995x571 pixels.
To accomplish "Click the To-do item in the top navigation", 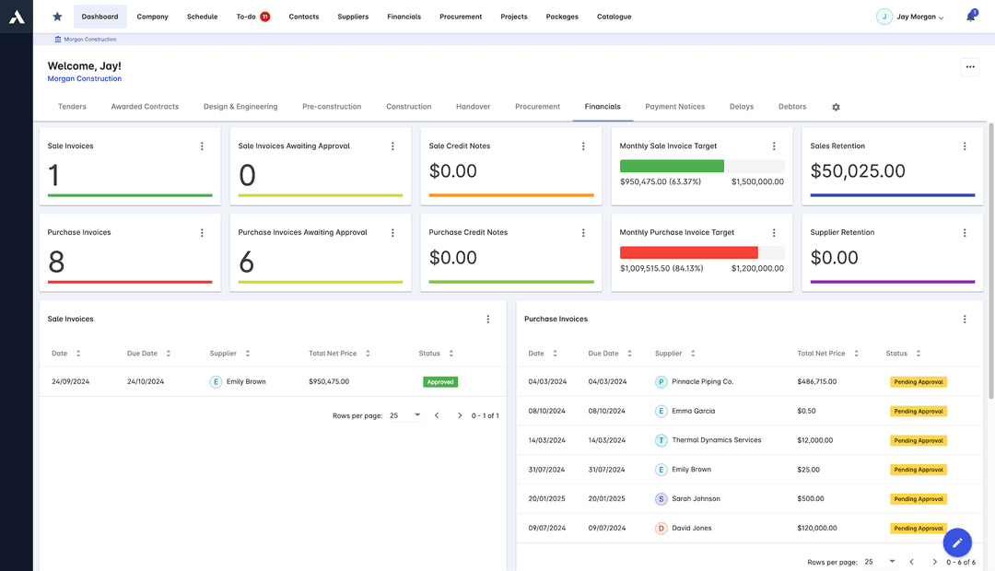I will point(246,17).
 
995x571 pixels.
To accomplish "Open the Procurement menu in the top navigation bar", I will point(461,17).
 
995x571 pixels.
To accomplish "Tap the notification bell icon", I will point(970,17).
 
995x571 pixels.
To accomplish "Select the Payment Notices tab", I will point(674,107).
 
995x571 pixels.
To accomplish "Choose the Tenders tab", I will point(72,107).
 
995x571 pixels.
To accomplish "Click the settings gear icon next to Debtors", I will point(836,107).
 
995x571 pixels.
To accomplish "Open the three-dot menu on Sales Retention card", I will point(965,146).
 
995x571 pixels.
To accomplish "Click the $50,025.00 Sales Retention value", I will point(858,171).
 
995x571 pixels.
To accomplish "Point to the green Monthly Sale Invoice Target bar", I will point(672,167).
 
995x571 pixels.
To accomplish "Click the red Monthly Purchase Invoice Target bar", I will point(688,252).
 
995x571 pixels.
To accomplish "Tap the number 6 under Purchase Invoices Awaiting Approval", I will point(246,262).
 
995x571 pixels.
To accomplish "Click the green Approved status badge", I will point(440,381).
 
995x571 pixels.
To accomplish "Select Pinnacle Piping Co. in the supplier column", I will point(702,381).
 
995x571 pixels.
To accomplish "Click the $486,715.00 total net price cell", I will point(816,381).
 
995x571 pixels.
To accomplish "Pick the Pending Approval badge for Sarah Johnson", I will point(918,499).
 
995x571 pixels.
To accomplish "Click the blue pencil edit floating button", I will point(957,542).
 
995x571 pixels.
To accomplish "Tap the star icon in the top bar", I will point(58,17).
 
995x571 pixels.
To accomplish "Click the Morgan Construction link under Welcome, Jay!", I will point(84,79).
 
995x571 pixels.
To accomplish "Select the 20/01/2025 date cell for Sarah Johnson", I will point(547,499).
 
